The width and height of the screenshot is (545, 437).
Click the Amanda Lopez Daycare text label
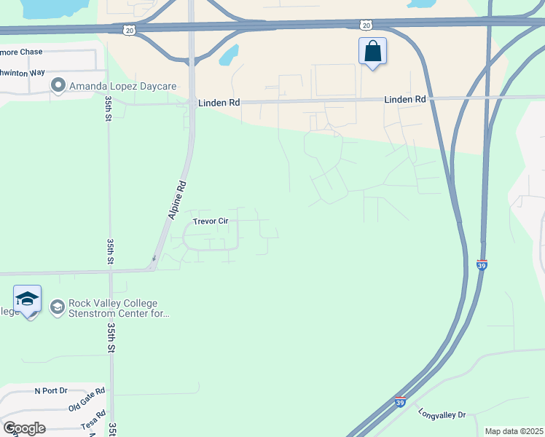pyautogui.click(x=122, y=86)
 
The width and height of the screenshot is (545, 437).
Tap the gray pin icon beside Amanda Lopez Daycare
pyautogui.click(x=58, y=86)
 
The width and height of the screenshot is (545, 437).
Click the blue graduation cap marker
pyautogui.click(x=27, y=299)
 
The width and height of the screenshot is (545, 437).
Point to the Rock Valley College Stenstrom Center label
pyautogui.click(x=118, y=309)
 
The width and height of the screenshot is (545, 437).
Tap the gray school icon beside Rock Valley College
pyautogui.click(x=57, y=308)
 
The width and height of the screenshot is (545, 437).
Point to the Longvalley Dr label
pyautogui.click(x=442, y=414)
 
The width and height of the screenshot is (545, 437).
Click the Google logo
pyautogui.click(x=23, y=428)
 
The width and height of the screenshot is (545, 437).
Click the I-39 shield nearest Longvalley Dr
pyautogui.click(x=400, y=401)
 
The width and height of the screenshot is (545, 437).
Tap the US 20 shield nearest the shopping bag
pyautogui.click(x=365, y=25)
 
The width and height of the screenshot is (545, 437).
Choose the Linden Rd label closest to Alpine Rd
pyautogui.click(x=219, y=103)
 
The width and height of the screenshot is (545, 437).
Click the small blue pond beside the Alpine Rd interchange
pyautogui.click(x=230, y=53)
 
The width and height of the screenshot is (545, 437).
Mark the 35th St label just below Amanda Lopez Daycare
pyautogui.click(x=108, y=107)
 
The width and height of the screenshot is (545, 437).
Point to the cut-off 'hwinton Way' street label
pyautogui.click(x=21, y=73)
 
